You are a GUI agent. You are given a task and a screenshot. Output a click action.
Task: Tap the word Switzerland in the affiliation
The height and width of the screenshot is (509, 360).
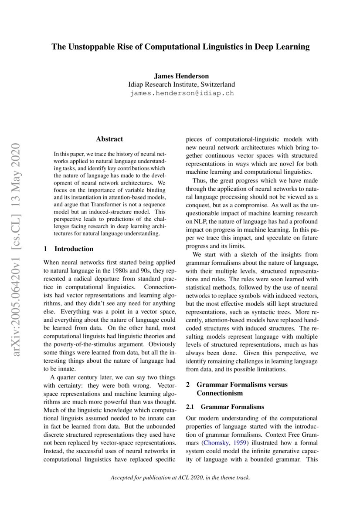(215, 84)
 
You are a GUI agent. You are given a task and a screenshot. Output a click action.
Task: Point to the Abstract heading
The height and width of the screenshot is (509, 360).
(109, 139)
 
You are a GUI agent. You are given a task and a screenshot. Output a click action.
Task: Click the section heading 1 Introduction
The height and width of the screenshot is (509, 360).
(69, 249)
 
